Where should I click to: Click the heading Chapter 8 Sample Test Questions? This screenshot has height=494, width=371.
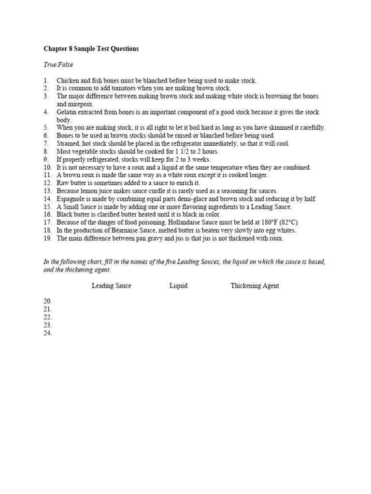91,49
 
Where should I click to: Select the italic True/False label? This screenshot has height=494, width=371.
58,65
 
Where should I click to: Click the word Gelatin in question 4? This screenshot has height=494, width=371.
68,112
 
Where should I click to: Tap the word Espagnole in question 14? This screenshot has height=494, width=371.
71,199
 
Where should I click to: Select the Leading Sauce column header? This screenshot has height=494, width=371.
112,286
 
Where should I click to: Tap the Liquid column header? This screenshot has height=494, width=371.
178,286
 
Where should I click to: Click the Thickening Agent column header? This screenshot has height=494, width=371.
255,286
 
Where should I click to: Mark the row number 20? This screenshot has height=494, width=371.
47,301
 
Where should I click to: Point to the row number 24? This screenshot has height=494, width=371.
47,333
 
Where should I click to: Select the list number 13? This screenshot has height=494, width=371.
47,191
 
